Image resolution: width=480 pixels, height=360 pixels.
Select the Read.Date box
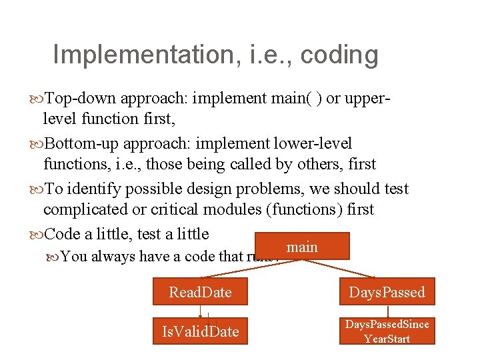[x=201, y=293]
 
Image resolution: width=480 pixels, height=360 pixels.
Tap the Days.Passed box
[x=387, y=293]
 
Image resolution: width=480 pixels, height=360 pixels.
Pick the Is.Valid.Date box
[x=201, y=331]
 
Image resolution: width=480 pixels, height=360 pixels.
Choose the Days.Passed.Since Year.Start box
[x=387, y=331]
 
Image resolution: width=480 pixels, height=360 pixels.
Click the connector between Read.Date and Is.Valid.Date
[x=202, y=312]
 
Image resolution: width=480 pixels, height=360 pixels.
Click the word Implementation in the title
[x=140, y=55]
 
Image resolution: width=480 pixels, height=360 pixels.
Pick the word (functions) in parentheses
[x=304, y=209]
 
